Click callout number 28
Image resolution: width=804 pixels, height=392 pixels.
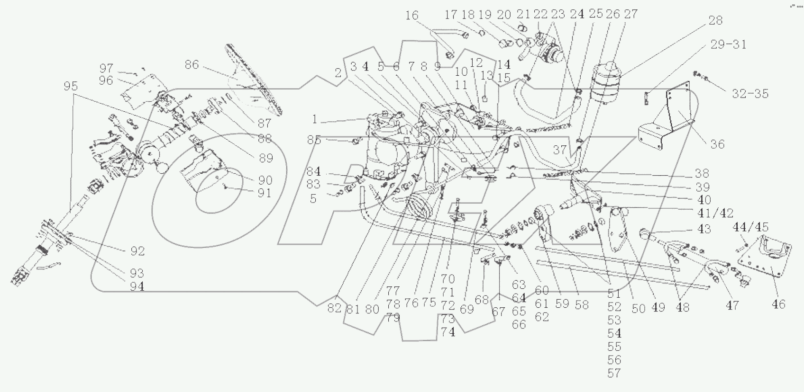tap(715, 20)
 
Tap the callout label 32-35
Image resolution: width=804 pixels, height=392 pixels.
tap(750, 94)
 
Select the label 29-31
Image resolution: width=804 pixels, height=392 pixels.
tap(729, 45)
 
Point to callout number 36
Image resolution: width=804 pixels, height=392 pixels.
tap(718, 144)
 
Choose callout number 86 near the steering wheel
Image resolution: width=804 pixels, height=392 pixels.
tap(192, 64)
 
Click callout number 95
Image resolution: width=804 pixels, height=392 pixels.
tap(71, 86)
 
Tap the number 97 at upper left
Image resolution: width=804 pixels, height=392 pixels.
tap(106, 68)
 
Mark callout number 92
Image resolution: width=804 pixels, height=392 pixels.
tap(137, 251)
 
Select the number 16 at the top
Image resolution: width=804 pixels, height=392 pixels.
tap(411, 15)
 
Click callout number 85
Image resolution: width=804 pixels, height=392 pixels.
tap(314, 140)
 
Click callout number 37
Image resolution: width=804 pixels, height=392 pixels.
tap(560, 150)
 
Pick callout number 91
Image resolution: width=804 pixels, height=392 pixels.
tap(265, 193)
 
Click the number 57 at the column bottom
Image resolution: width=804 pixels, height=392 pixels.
tap(614, 374)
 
